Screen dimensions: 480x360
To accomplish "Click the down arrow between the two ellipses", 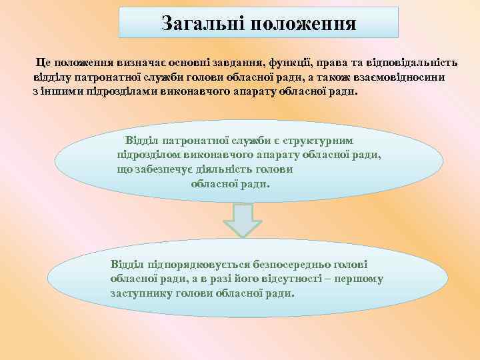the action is (x=241, y=220).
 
